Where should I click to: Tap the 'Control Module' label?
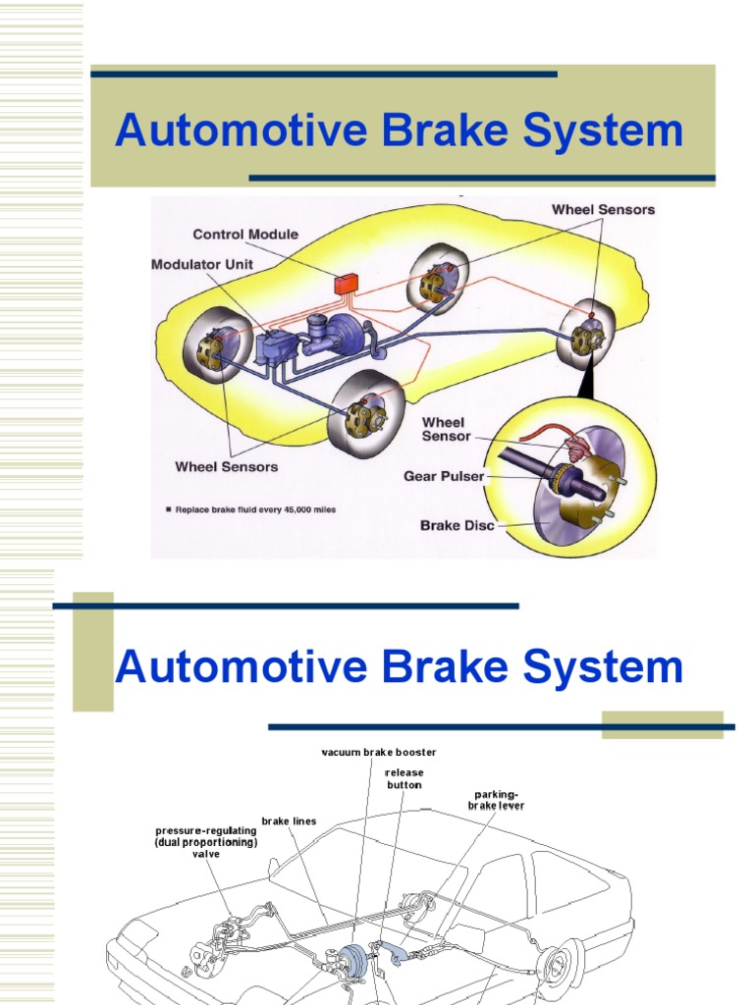[245, 235]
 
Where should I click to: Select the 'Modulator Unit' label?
[202, 265]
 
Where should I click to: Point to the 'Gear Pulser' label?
[444, 476]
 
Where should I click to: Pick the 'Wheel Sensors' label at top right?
[603, 209]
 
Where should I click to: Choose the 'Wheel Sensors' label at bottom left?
[226, 467]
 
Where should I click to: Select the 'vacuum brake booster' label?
[379, 753]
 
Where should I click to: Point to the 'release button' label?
[404, 778]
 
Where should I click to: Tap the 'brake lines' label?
[289, 820]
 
